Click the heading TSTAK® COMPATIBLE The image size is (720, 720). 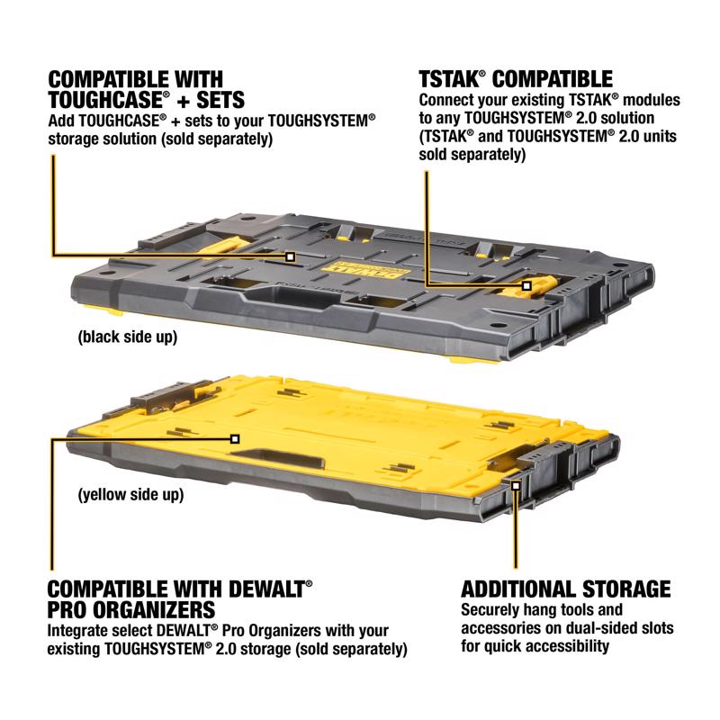pos(516,78)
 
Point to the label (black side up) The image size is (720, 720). pos(126,338)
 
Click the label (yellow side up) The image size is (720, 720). pos(130,494)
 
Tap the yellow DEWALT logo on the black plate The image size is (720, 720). pos(348,266)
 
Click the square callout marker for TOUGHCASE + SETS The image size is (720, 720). pos(290,256)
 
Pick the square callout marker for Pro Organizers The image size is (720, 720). pos(235,438)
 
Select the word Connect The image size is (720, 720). pos(448,102)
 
